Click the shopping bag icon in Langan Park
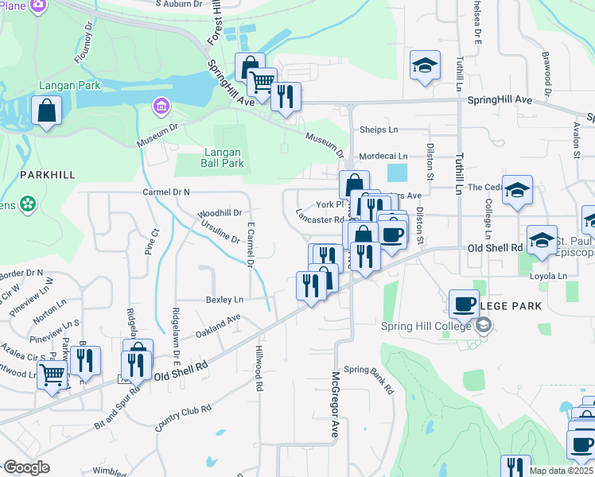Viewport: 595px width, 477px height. [46, 111]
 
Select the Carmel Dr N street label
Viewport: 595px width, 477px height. [166, 192]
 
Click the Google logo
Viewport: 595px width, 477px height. [25, 467]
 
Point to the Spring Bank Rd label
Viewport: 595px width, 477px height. [369, 379]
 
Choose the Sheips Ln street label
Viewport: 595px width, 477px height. [379, 130]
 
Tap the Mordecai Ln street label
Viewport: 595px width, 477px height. [383, 157]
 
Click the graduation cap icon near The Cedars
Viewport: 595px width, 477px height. [517, 190]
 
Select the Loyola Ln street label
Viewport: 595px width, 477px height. [547, 276]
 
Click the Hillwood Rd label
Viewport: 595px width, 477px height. [259, 369]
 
